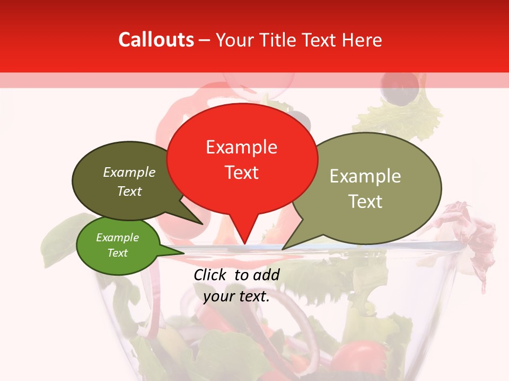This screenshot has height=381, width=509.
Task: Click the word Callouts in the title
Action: (156, 40)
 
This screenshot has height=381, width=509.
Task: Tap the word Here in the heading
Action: (360, 40)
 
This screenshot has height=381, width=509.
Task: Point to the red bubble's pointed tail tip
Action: (245, 244)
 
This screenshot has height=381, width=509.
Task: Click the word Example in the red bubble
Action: (241, 147)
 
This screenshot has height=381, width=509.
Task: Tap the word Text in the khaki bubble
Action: (365, 202)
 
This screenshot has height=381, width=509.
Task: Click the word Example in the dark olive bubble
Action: (129, 173)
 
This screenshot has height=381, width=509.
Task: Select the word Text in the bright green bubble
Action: (117, 253)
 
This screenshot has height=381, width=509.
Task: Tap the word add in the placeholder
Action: (266, 275)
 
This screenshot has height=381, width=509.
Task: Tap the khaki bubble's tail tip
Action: (283, 249)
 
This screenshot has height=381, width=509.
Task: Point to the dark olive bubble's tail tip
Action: (202, 224)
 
